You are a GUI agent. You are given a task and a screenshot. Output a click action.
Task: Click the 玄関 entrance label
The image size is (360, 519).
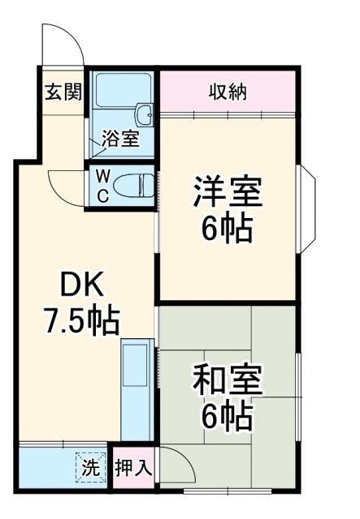[x=63, y=92]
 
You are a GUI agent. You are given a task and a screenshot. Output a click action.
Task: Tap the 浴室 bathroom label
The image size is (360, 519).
[x=119, y=139]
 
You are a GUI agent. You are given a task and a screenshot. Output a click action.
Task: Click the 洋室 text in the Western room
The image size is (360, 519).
[x=227, y=194]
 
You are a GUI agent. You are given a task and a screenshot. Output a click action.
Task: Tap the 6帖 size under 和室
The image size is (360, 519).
[x=228, y=417]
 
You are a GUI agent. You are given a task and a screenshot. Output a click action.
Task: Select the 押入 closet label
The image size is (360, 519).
[x=133, y=468]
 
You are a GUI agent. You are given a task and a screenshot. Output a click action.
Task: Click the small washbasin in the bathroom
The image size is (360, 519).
[x=145, y=112]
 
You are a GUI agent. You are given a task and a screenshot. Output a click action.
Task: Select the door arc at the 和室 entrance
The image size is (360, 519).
[x=176, y=466]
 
